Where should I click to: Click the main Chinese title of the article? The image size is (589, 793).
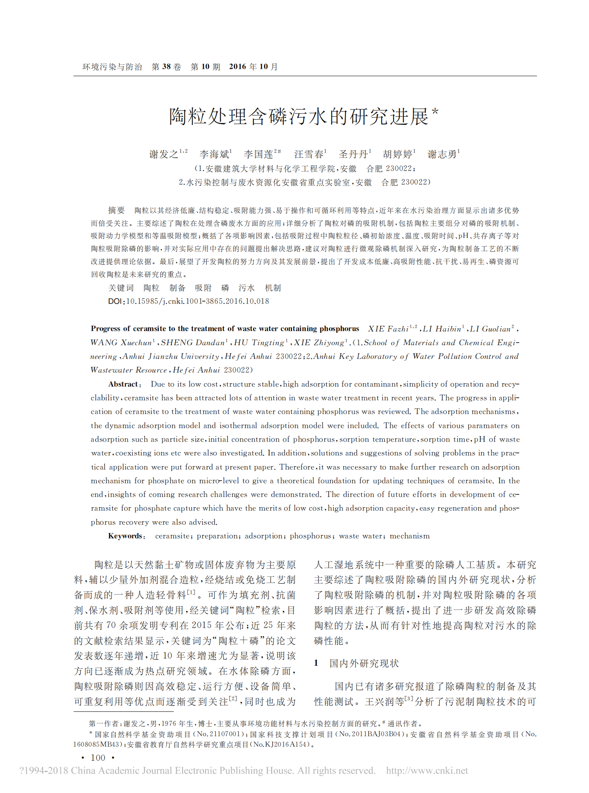299,117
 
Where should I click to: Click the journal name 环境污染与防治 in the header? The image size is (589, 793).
112,67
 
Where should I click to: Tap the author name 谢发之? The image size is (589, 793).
164,154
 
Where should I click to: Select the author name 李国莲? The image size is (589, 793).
258,154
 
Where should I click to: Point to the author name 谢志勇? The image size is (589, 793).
442,154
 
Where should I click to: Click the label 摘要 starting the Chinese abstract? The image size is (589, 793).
116,210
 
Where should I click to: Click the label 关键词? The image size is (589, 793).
121,288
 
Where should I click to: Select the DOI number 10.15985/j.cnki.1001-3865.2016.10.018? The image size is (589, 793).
197,301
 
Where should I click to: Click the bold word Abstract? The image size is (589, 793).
123,384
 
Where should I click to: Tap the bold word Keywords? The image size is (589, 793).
125,536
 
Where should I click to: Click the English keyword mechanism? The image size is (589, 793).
409,536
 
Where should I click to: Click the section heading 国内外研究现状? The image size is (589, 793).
364,663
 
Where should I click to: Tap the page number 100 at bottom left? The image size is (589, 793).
98,758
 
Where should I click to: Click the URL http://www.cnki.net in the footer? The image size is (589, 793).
427,770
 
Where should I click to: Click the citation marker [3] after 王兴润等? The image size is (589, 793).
409,699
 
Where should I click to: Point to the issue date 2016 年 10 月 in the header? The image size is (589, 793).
253,67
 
